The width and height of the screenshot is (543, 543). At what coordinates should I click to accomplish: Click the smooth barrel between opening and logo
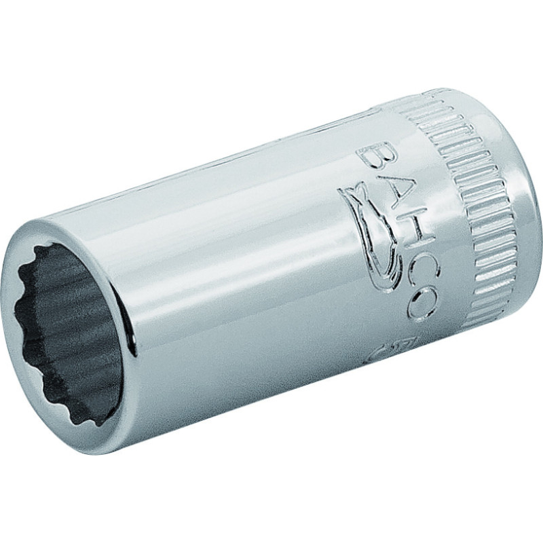pyautogui.click(x=238, y=258)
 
